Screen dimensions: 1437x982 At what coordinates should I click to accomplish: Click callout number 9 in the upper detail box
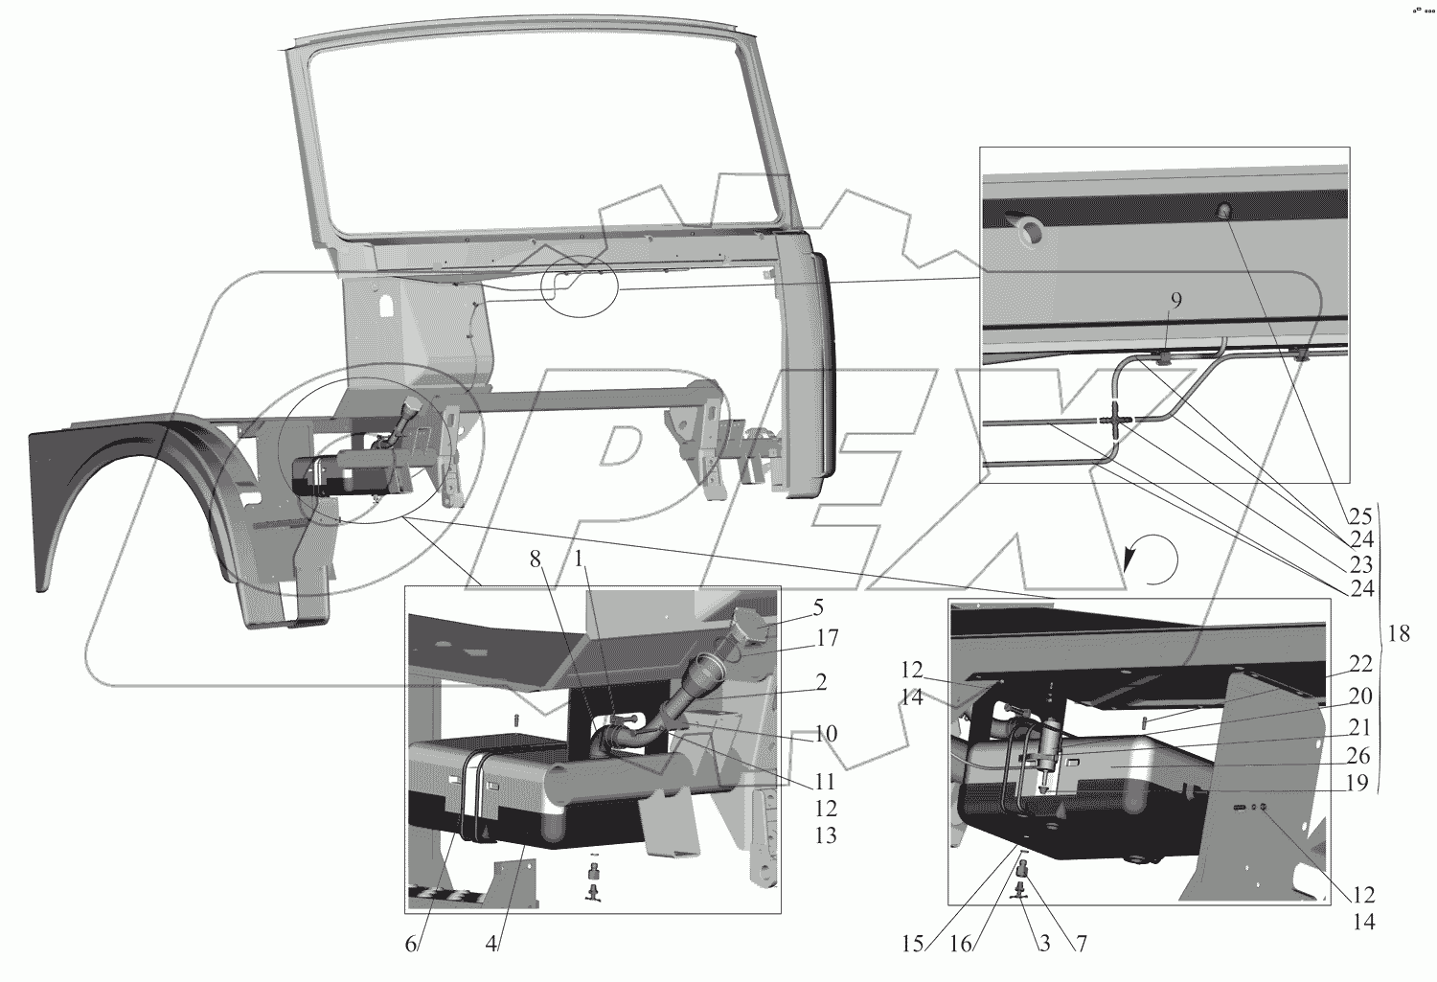point(1175,300)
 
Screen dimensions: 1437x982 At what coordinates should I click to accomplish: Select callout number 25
point(1361,514)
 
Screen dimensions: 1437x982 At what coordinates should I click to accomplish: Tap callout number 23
point(1361,562)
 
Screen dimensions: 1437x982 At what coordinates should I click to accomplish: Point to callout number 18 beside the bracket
point(1400,633)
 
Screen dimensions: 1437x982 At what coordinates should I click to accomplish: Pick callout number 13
point(825,836)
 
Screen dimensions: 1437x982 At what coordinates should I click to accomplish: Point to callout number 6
point(411,944)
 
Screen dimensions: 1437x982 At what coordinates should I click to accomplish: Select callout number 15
point(913,944)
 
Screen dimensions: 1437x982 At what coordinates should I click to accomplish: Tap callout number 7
point(1081,944)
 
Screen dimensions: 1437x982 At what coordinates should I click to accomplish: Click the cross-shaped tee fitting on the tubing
point(1118,420)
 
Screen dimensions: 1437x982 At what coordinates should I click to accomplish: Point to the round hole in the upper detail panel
point(1030,229)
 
